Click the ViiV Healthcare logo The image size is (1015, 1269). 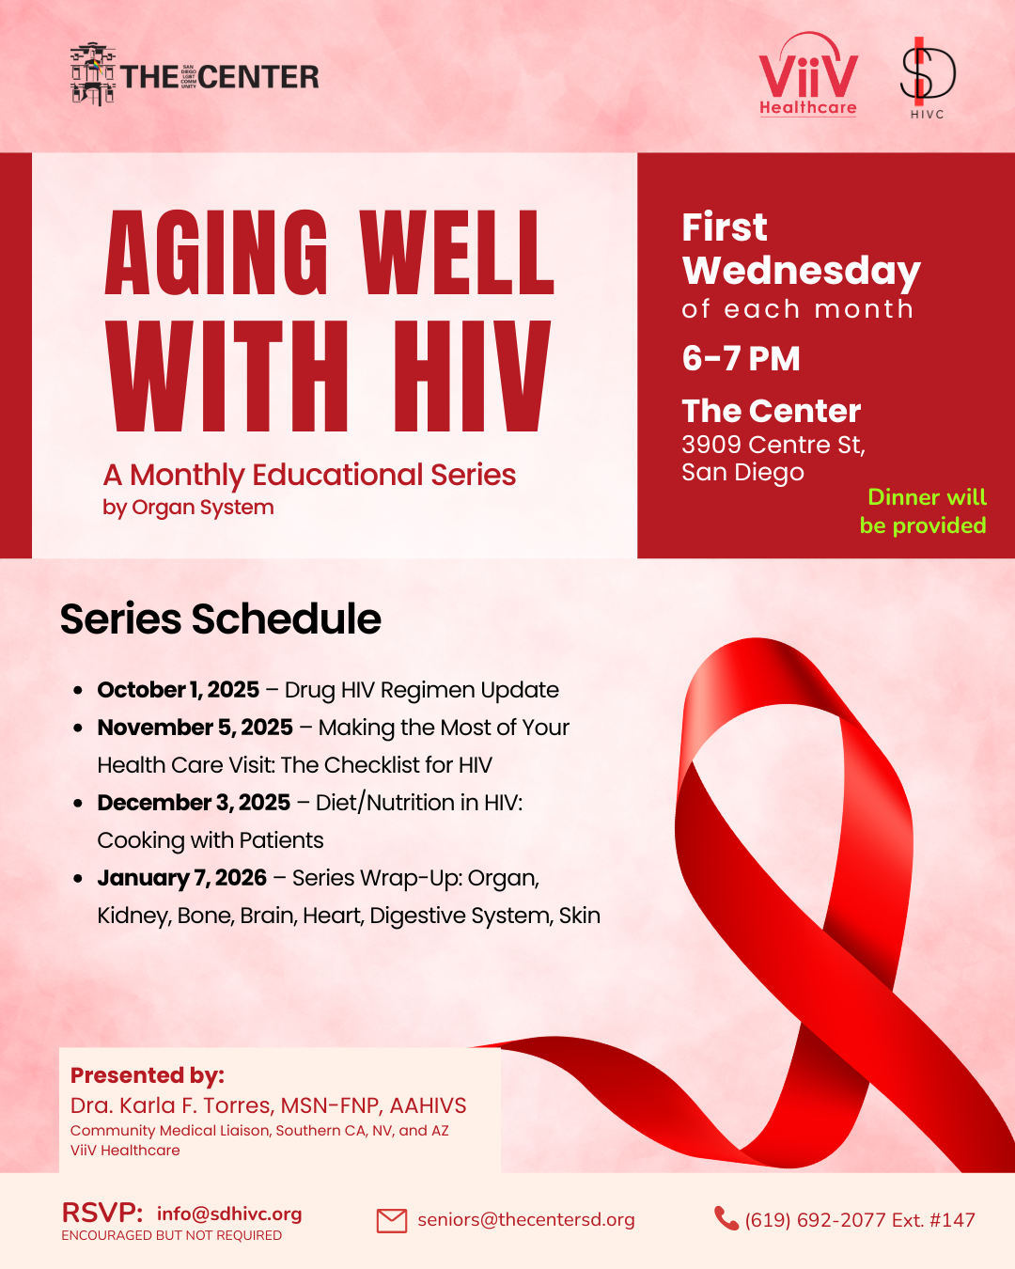click(808, 74)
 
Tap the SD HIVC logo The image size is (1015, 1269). click(927, 78)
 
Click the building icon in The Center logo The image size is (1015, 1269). click(93, 74)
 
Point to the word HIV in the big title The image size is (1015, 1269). click(472, 376)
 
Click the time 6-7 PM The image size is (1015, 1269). click(741, 358)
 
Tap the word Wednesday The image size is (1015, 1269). click(801, 272)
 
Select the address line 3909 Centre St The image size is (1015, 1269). click(773, 446)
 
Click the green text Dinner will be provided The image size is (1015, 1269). click(923, 511)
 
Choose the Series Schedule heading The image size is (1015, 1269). click(221, 619)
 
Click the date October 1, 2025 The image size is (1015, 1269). click(179, 690)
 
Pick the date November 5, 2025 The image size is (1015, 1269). click(195, 728)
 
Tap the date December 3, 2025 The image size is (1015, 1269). click(194, 803)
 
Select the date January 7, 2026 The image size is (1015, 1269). click(182, 878)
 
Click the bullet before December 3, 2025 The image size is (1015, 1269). click(78, 803)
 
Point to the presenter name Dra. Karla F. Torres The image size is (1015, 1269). click(172, 1105)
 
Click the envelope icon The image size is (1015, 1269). click(392, 1221)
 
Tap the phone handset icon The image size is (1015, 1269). click(726, 1218)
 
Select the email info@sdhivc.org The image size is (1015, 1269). click(229, 1214)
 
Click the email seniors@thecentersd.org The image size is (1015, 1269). click(526, 1220)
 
